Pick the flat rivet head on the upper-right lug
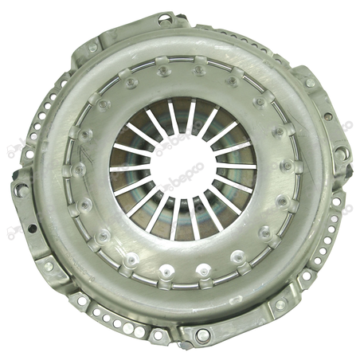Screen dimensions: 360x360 310,83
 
